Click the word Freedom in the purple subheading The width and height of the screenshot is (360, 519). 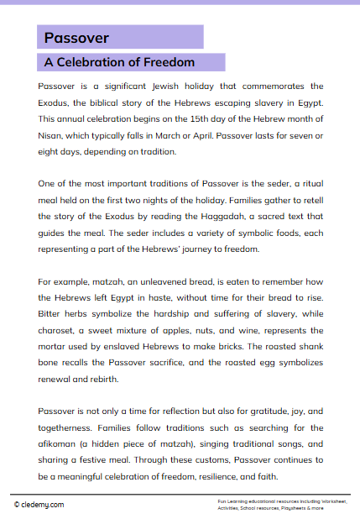tap(168, 62)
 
